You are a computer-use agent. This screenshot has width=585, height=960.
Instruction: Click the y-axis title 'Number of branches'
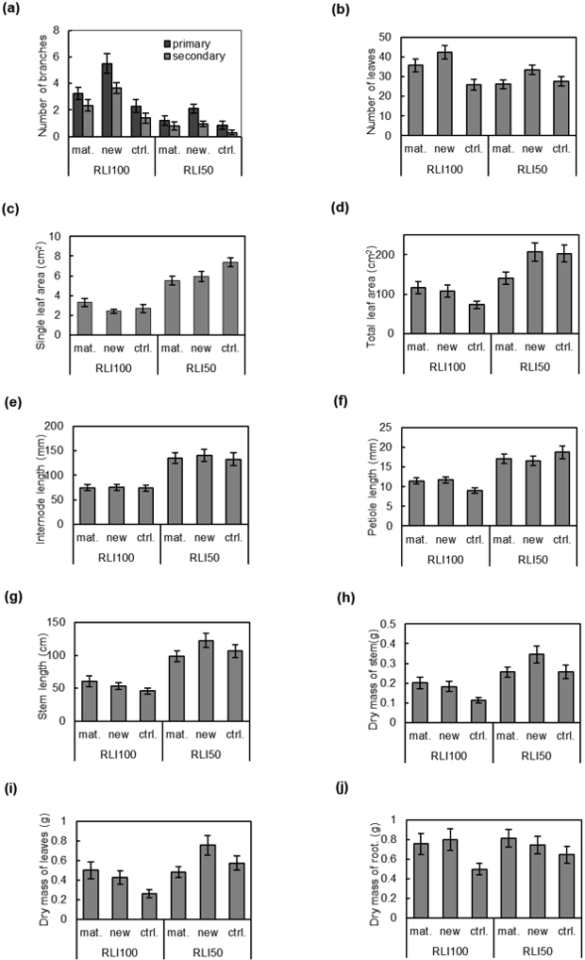pos(43,83)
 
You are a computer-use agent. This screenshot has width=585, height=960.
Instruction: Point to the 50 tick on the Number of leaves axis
pos(386,37)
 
